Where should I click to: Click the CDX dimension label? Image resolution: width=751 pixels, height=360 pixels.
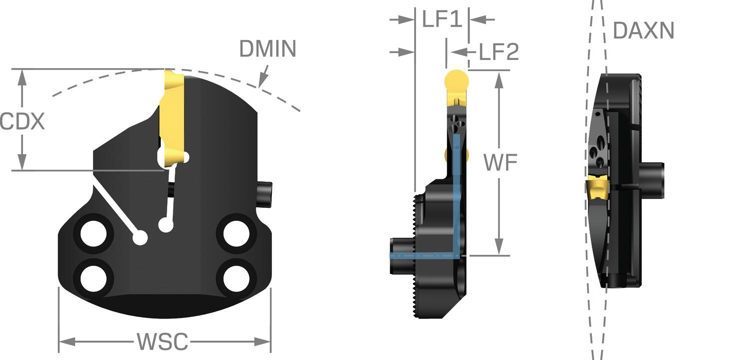click(x=23, y=122)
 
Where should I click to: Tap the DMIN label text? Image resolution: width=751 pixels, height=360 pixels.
click(x=268, y=49)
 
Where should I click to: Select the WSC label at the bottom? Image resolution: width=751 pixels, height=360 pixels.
click(x=163, y=342)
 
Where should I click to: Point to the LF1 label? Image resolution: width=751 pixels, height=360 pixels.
click(x=441, y=20)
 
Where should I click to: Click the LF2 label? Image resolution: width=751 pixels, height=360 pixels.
click(x=499, y=52)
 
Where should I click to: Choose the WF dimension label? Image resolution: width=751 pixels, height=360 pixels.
click(x=500, y=162)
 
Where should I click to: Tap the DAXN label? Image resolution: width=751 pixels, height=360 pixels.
click(x=644, y=31)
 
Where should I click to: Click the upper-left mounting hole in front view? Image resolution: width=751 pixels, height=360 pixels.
click(x=94, y=233)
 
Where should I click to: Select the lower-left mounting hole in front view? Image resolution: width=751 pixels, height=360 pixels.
click(x=94, y=277)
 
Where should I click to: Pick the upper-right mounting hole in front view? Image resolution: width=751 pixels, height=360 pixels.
click(x=236, y=233)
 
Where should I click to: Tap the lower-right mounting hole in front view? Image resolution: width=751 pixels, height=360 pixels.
click(x=236, y=277)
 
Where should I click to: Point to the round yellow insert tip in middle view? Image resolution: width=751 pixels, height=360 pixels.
click(x=457, y=80)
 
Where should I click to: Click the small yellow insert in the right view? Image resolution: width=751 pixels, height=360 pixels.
click(x=597, y=189)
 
